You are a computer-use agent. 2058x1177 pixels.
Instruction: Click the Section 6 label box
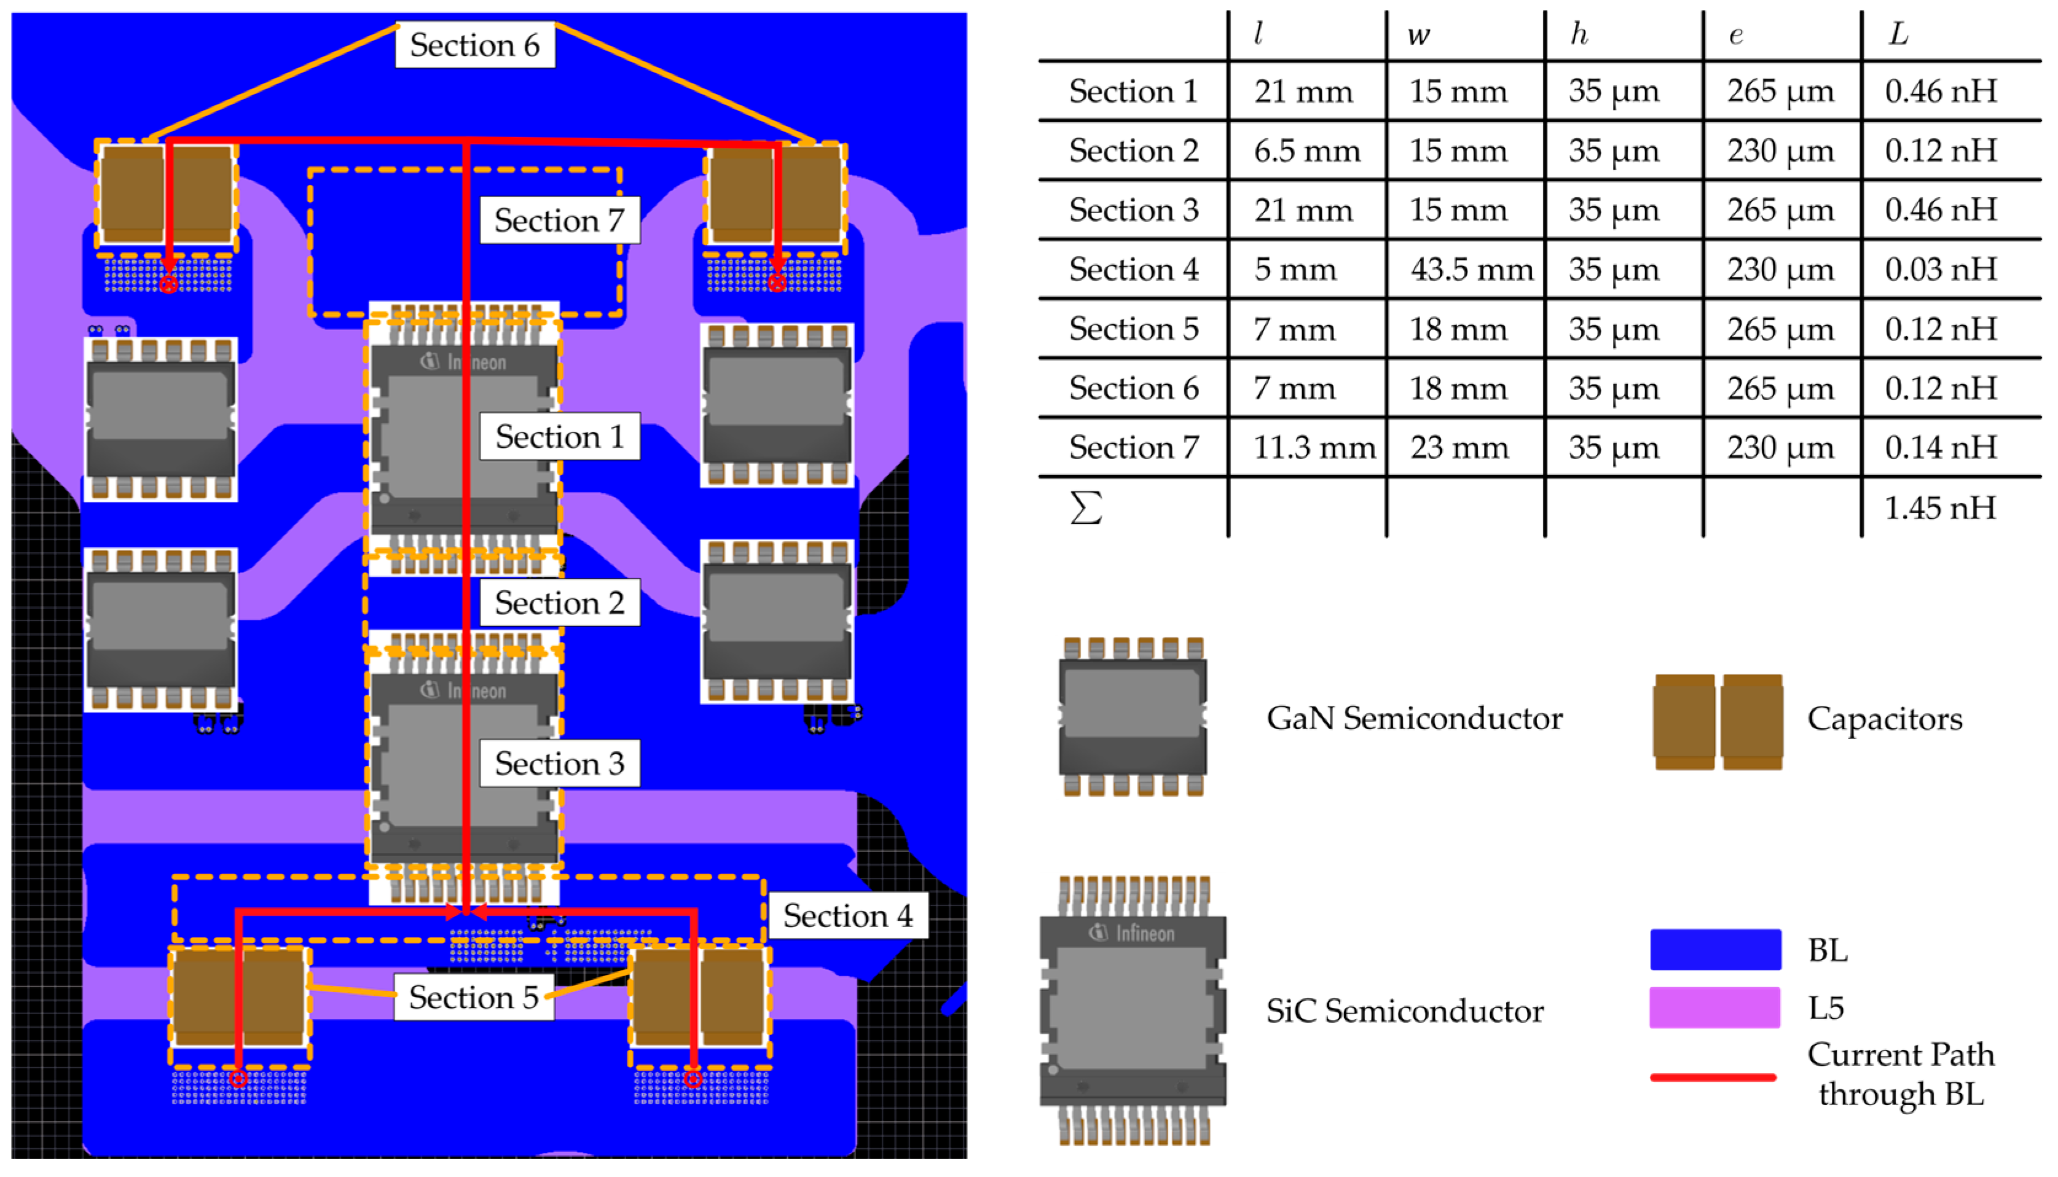click(x=474, y=45)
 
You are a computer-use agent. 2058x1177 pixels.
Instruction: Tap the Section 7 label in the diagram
click(x=560, y=221)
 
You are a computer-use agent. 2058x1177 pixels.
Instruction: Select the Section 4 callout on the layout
click(x=847, y=916)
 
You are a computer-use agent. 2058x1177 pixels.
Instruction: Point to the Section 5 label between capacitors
click(x=474, y=998)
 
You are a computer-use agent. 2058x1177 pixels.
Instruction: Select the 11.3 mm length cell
click(x=1314, y=448)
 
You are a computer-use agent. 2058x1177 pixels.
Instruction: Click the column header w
click(x=1418, y=36)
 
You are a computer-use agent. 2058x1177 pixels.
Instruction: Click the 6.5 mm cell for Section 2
click(x=1307, y=151)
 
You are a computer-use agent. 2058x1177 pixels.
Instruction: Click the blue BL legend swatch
click(x=1715, y=950)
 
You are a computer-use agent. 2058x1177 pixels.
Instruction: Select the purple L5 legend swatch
click(x=1715, y=1008)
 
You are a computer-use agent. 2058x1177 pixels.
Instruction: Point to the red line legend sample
click(x=1713, y=1077)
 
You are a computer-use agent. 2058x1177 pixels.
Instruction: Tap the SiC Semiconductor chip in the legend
click(x=1133, y=1011)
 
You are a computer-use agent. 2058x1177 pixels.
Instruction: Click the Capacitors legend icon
click(x=1718, y=721)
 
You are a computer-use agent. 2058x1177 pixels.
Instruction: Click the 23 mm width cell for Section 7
click(x=1459, y=448)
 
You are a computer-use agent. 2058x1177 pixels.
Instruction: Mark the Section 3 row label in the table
click(x=1134, y=210)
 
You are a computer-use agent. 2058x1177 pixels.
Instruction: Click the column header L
click(x=1898, y=35)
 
